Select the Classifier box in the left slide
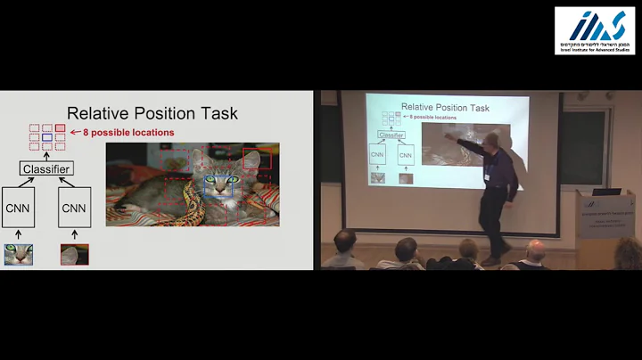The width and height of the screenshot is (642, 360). tap(47, 168)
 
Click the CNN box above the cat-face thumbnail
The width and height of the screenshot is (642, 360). tap(18, 209)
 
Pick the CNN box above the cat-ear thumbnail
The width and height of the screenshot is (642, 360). tap(75, 209)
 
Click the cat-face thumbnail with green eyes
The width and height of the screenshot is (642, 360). tap(18, 255)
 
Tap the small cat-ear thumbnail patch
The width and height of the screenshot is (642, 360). tap(75, 255)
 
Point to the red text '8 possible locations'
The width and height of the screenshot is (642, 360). tap(128, 133)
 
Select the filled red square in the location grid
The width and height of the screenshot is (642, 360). tap(60, 128)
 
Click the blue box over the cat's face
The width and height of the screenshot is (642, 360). tap(218, 184)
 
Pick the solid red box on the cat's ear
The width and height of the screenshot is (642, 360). tap(257, 159)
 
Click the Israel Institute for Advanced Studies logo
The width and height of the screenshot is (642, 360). tap(596, 29)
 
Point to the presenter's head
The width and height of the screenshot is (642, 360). tap(493, 140)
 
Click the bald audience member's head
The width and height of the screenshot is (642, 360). tap(536, 251)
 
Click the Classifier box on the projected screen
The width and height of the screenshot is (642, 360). tap(391, 135)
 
